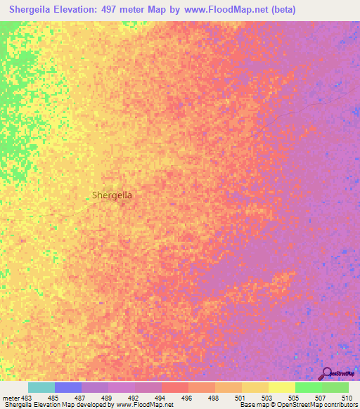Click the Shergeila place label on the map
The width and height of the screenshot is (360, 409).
[x=112, y=195]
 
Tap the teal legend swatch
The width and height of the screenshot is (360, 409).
[x=41, y=387]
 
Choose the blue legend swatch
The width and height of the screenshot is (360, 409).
[x=68, y=387]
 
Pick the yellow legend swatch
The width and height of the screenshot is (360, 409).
[x=281, y=387]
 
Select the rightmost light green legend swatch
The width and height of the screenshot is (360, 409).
[x=335, y=387]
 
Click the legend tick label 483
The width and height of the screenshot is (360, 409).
[x=27, y=398]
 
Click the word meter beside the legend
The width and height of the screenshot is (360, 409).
[x=11, y=398]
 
